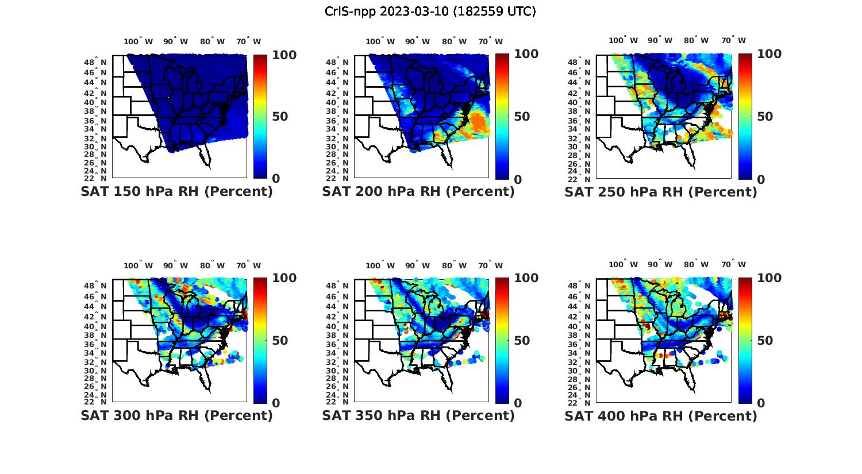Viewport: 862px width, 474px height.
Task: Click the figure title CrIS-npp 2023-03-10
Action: [430, 11]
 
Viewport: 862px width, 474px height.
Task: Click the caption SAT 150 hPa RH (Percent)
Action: [176, 192]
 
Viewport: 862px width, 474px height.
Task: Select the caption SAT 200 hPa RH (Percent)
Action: [418, 192]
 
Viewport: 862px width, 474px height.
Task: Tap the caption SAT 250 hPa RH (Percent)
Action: [661, 192]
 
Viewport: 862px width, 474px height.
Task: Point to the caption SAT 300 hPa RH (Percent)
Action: [176, 415]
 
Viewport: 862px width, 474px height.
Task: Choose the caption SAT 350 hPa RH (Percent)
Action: [418, 415]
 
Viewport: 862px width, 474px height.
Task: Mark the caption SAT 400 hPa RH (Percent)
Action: [661, 415]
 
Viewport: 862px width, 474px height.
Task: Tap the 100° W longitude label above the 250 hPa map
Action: [623, 41]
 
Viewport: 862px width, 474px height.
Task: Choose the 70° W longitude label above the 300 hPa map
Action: [248, 265]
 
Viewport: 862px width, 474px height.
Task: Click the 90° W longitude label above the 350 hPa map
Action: [418, 265]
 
